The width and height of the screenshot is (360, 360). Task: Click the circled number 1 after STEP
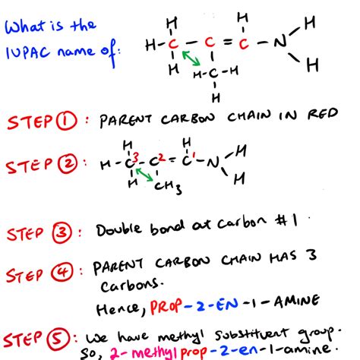coord(66,121)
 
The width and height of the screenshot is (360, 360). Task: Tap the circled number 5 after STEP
coord(58,339)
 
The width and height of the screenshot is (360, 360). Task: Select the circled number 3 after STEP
coord(62,232)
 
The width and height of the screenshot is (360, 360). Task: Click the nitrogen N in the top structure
coord(280,42)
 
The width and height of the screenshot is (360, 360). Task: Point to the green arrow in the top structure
coord(191,58)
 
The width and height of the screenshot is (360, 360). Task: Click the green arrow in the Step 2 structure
coord(144,175)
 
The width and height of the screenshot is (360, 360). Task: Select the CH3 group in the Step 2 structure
coord(168,188)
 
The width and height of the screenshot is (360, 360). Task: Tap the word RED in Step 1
coord(323,114)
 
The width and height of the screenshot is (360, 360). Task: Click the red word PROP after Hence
coord(166,306)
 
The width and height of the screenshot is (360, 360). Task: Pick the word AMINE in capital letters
coord(297,302)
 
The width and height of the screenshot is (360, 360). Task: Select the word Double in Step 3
coord(118,229)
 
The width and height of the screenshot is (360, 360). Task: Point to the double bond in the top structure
coord(228,42)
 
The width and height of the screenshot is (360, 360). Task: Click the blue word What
coord(25,27)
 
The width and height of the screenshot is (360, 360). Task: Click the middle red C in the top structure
coord(210,42)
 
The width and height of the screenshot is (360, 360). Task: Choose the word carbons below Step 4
coord(131,286)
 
